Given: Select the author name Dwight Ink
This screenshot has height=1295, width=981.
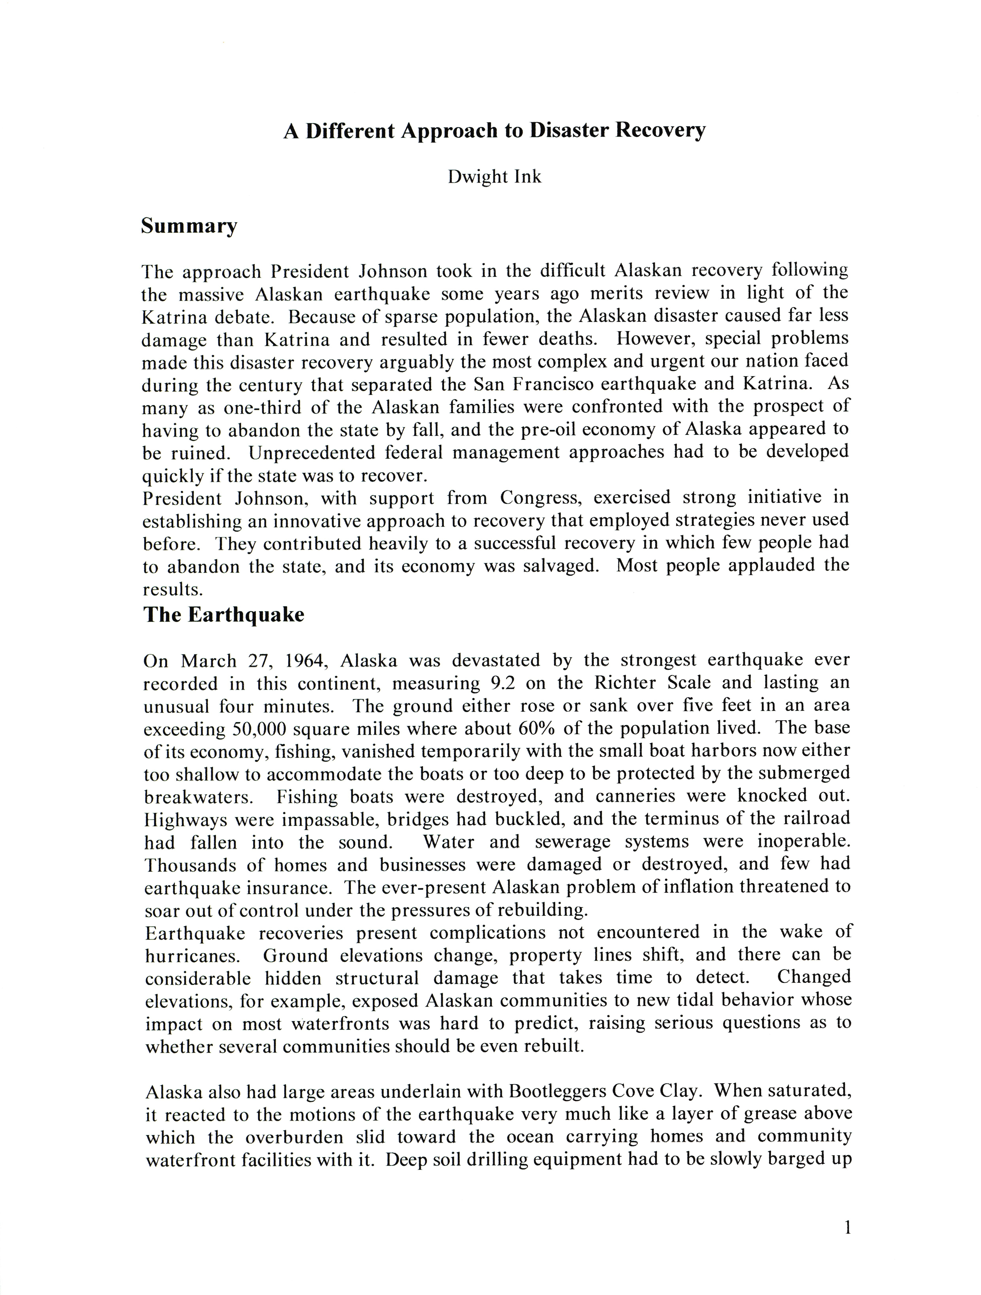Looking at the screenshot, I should pos(495,177).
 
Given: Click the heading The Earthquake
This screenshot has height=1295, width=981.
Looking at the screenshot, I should pos(224,615).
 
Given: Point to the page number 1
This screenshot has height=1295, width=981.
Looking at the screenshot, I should pos(847,1228).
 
